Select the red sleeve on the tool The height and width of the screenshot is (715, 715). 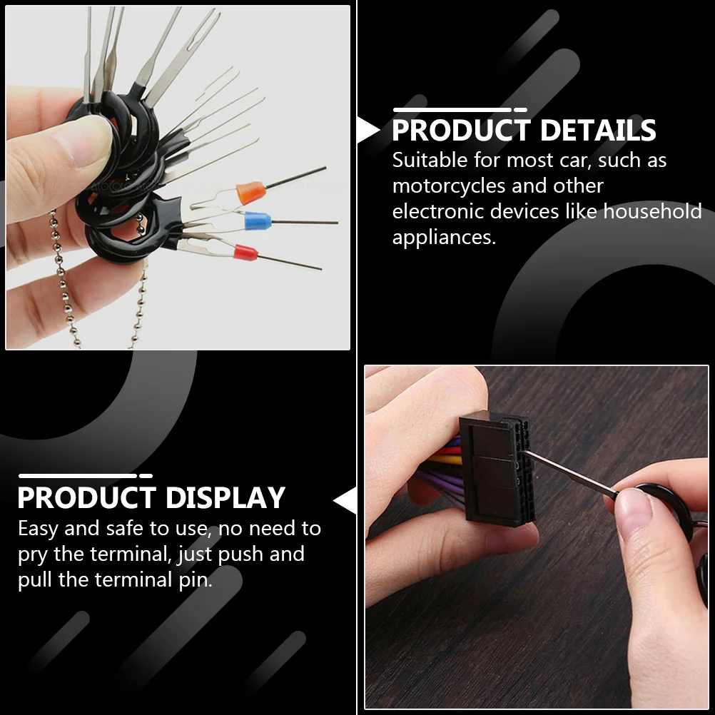pos(245,252)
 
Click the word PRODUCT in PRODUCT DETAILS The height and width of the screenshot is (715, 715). pos(461,131)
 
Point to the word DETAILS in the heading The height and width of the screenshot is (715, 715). pos(598,131)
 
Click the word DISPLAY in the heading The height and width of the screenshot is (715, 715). pos(225,498)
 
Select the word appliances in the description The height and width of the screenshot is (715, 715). pos(443,238)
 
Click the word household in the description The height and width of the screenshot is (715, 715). pos(652,212)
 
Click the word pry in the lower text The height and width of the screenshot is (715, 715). pos(33,555)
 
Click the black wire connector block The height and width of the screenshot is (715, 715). pos(496,471)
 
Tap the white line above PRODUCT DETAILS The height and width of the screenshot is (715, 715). pos(452,110)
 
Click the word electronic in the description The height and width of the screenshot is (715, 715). pos(438,212)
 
